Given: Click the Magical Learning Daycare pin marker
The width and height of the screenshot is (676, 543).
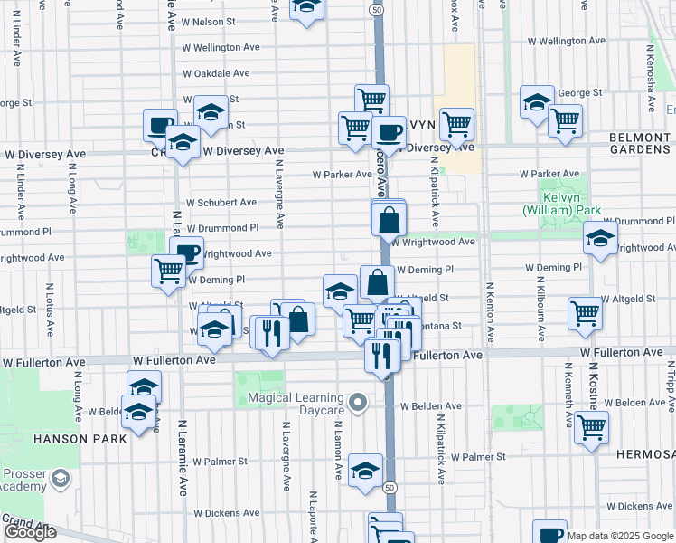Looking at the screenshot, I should point(358,401).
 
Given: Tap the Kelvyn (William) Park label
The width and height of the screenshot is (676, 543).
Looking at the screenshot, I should point(548,204).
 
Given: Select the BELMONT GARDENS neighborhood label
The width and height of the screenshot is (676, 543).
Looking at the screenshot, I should point(641,144).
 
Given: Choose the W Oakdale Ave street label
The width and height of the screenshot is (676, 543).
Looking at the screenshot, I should point(215,73).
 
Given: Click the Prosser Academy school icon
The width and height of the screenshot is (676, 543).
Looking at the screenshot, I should point(61,478).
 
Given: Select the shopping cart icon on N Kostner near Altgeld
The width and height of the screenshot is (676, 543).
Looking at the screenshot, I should point(586,313).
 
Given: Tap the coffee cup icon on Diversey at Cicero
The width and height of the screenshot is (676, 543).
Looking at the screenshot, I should point(389,132).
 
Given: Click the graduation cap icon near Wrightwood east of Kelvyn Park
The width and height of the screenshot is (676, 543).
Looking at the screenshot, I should point(600,240).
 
